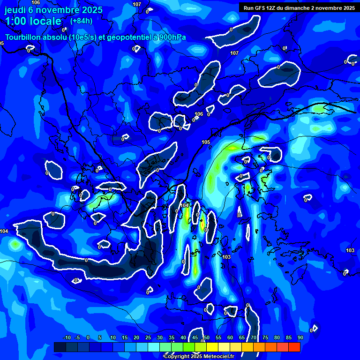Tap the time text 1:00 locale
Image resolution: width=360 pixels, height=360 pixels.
click(33, 21)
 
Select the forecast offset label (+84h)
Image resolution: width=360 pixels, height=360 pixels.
click(81, 21)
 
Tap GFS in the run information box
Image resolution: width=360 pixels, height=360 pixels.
click(262, 8)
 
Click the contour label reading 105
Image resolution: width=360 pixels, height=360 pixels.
click(206, 142)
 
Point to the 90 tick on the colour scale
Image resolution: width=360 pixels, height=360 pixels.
click(300, 337)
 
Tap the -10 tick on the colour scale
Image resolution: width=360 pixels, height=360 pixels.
click(67, 337)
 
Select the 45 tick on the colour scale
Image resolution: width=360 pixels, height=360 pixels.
click(195, 337)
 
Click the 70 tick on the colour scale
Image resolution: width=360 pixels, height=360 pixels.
click(254, 337)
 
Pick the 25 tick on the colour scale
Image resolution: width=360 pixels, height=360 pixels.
click(148, 337)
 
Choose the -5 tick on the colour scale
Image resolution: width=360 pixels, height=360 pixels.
click(77, 337)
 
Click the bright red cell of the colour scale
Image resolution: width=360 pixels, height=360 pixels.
click(294, 347)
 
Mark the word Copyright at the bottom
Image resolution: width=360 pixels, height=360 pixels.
click(176, 357)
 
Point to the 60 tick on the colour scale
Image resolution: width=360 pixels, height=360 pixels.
click(230, 337)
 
